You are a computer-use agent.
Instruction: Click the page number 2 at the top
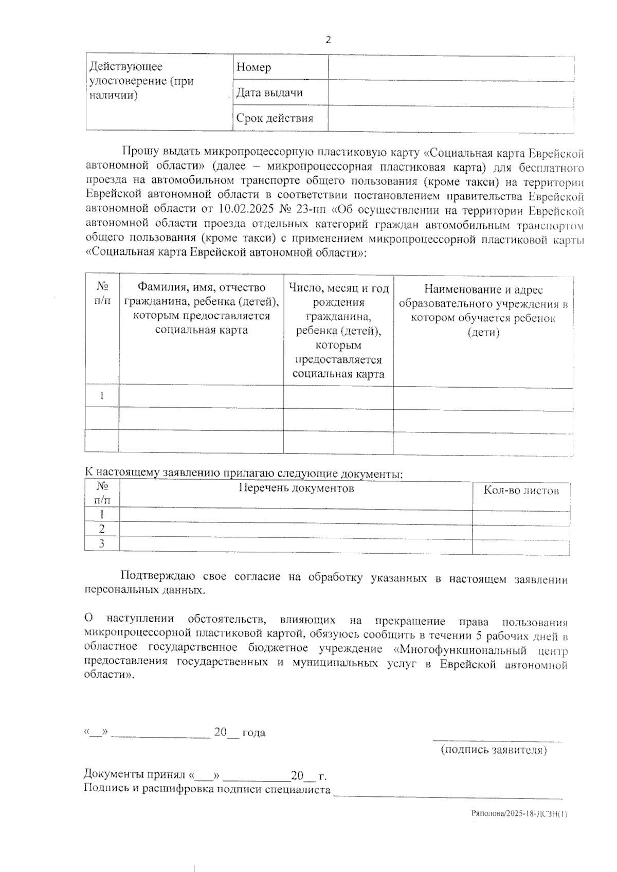tap(328, 40)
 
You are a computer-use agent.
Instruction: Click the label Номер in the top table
tap(253, 67)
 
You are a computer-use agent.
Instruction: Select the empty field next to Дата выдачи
tap(451, 94)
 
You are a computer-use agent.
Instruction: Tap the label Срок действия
tap(275, 119)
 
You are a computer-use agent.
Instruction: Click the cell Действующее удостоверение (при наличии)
tap(141, 81)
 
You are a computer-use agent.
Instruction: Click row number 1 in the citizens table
tap(102, 395)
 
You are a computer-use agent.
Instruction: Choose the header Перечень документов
tap(296, 488)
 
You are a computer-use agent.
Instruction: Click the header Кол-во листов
tap(521, 491)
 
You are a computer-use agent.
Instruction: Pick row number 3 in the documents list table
tap(102, 543)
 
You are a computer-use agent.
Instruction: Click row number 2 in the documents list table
tap(102, 529)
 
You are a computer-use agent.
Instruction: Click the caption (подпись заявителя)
tap(494, 750)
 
